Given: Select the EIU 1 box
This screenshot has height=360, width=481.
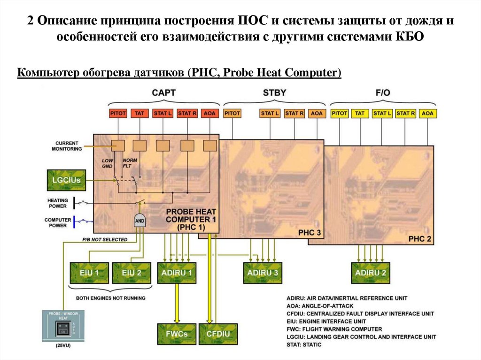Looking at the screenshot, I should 89,272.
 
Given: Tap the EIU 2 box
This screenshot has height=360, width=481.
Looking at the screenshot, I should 131,272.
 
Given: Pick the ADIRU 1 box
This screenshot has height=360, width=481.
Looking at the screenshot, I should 177,272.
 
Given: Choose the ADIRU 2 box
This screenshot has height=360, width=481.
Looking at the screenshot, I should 371,272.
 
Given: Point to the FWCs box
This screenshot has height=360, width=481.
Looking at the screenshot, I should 177,334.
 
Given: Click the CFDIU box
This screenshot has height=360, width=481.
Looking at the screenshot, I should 218,334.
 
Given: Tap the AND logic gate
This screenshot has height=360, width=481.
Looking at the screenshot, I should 140,221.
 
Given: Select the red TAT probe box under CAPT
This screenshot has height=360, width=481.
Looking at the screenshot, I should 140,114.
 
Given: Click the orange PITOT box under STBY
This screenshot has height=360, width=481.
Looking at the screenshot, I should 232,114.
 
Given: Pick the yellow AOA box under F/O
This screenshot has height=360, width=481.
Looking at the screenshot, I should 427,114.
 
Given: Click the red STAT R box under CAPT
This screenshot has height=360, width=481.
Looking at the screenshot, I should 187,114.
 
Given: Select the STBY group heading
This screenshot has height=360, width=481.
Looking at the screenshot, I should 274,92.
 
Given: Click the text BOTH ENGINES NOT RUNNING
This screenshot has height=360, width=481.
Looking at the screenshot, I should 111,298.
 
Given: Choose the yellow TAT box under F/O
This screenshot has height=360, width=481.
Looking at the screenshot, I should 360,114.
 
